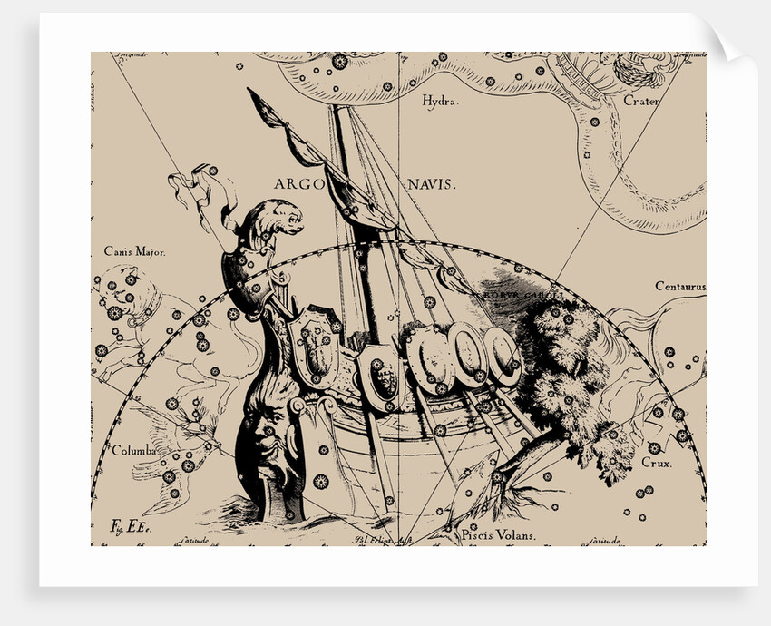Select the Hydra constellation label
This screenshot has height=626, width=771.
tap(441, 102)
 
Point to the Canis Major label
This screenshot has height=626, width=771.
tap(135, 251)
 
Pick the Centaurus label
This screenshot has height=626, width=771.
tap(679, 287)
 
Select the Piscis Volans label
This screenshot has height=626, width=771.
tap(498, 534)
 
